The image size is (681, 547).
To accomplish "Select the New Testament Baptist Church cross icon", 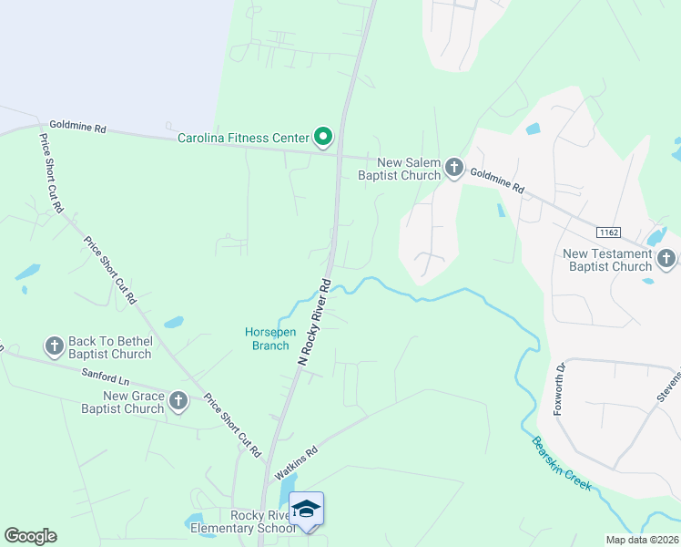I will [x=666, y=260].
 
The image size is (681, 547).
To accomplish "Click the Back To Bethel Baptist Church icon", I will [x=54, y=346].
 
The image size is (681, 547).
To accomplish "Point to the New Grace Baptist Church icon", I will [x=178, y=401].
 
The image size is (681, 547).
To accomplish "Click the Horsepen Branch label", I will [x=267, y=338].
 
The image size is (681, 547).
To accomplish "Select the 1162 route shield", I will [x=608, y=233].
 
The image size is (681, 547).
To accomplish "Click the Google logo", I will [x=30, y=536].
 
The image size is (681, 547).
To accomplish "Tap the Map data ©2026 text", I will [x=642, y=540].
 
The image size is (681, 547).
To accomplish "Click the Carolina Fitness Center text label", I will [x=243, y=139].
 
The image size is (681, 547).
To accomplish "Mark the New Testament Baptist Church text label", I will [x=607, y=260].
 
